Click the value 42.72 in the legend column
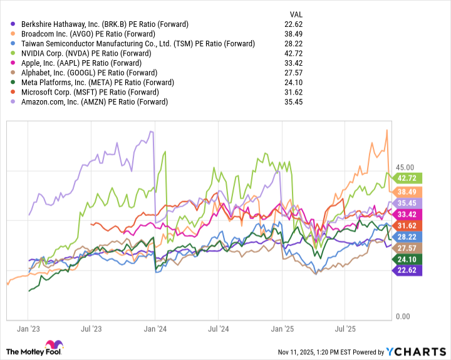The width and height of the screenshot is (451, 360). (294, 53)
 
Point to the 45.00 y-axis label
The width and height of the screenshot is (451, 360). (406, 167)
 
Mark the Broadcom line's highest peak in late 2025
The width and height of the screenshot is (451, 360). (387, 130)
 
